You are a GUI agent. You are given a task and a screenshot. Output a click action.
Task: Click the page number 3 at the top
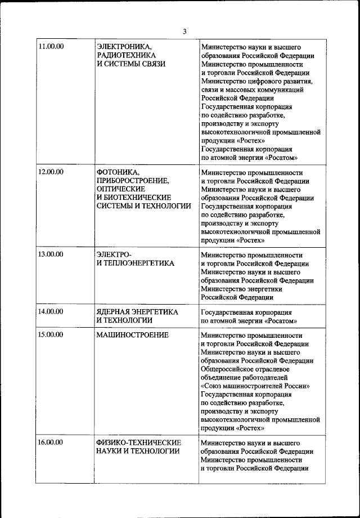[184, 31]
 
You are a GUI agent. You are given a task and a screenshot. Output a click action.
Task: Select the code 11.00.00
[51, 46]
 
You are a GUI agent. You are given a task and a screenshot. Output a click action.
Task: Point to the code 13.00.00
[51, 253]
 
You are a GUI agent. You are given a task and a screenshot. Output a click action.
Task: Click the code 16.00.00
[51, 442]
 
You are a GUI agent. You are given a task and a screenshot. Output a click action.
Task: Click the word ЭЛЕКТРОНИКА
[124, 46]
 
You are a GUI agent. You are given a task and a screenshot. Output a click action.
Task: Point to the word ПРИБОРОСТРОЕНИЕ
[133, 180]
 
